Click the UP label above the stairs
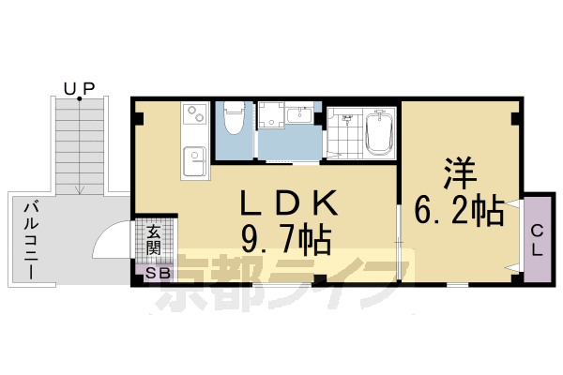[79, 88]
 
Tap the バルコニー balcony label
[30, 240]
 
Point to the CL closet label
[538, 240]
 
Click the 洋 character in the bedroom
[460, 173]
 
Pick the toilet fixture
[234, 120]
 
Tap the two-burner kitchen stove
[195, 116]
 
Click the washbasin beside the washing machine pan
[301, 116]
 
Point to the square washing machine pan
[272, 119]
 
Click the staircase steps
[81, 141]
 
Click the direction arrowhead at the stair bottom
[81, 190]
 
